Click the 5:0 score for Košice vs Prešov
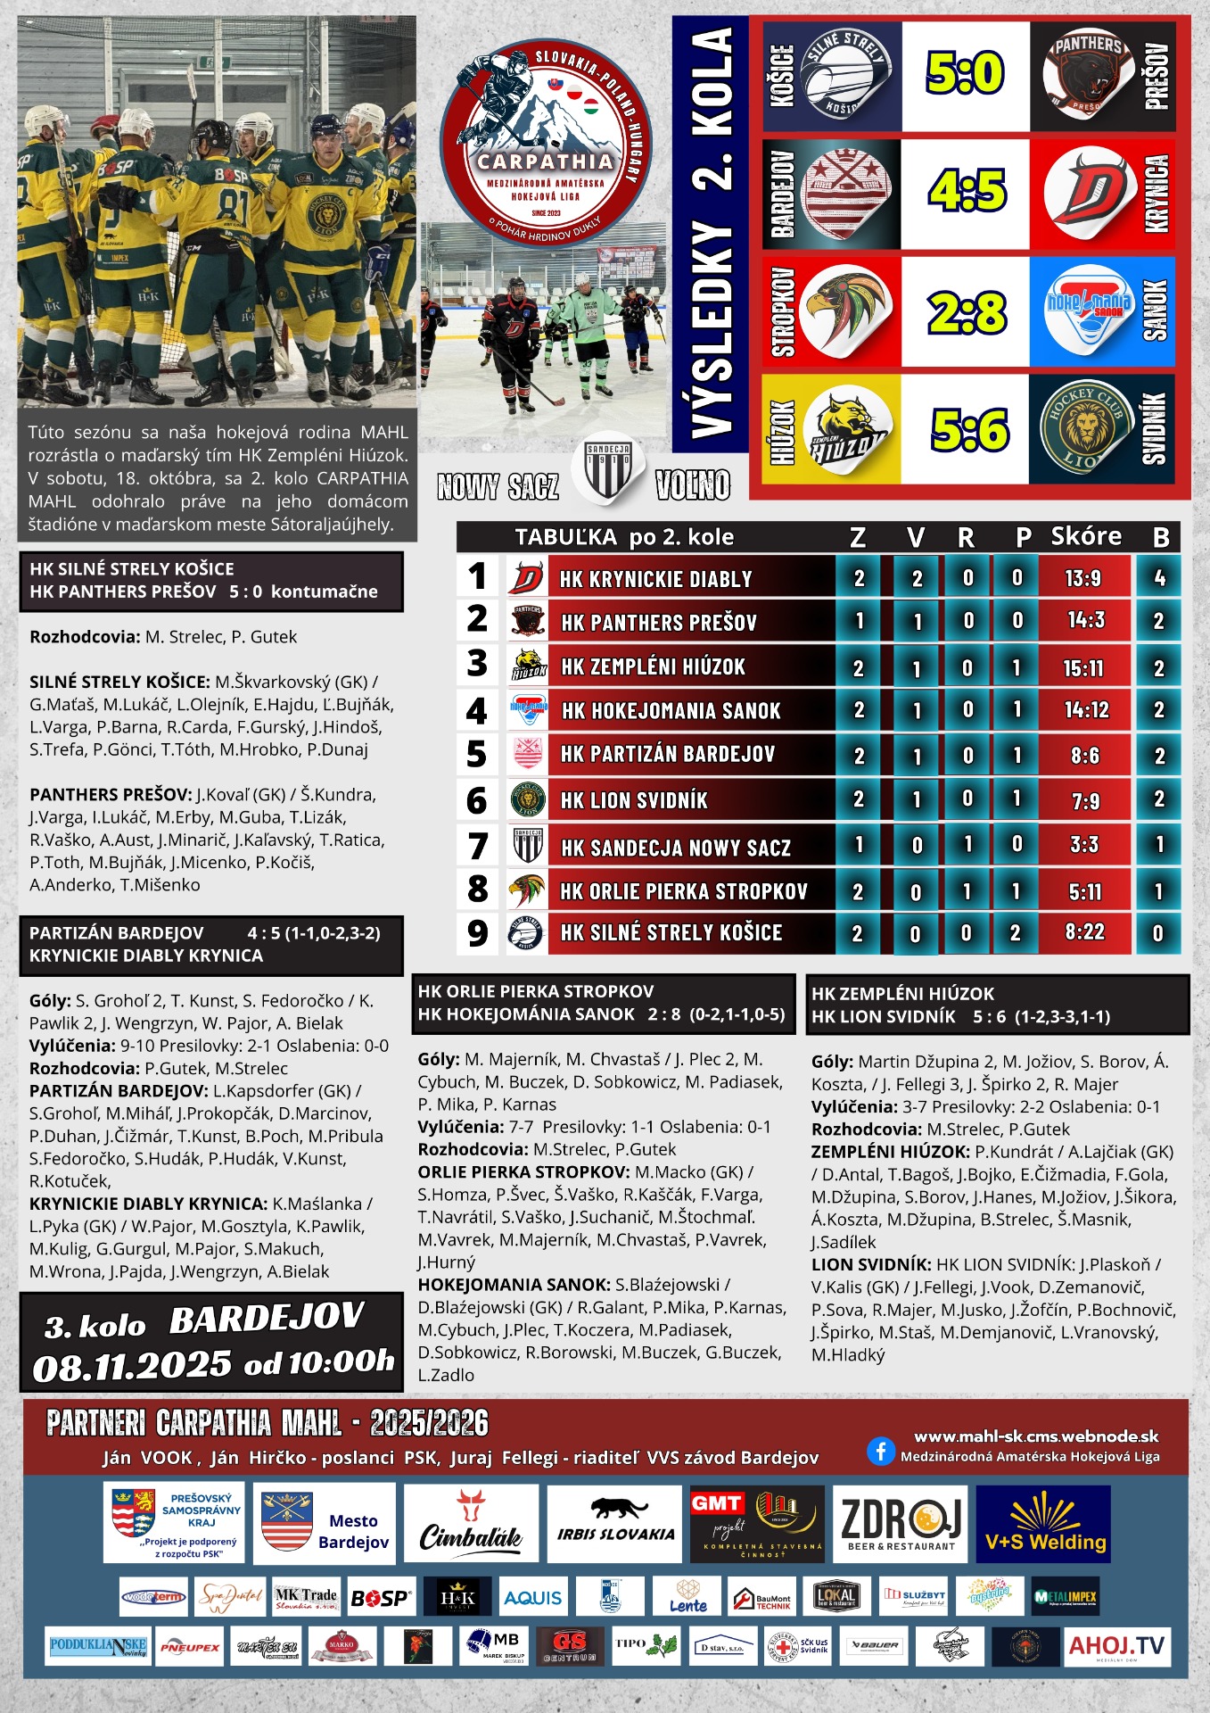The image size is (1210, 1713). pos(965,73)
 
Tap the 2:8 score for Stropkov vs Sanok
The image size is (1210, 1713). pos(967,312)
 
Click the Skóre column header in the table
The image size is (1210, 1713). pos(1085,536)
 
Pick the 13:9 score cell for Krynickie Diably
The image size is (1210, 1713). pos(1083,578)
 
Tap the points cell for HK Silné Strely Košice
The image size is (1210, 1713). pos(1158,933)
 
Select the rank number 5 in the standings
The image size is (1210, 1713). pos(477,755)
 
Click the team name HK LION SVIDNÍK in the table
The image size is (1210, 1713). pos(634,800)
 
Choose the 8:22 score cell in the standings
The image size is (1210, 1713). pos(1084,932)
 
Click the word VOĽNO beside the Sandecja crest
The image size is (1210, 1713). pos(692,485)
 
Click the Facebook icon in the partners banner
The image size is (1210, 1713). pos(880,1452)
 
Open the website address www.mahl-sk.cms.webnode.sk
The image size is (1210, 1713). pos(1036,1436)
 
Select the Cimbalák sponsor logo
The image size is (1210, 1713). pos(470,1525)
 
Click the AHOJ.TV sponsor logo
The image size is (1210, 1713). pos(1116,1646)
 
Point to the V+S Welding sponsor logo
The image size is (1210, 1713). pos(1044,1525)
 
